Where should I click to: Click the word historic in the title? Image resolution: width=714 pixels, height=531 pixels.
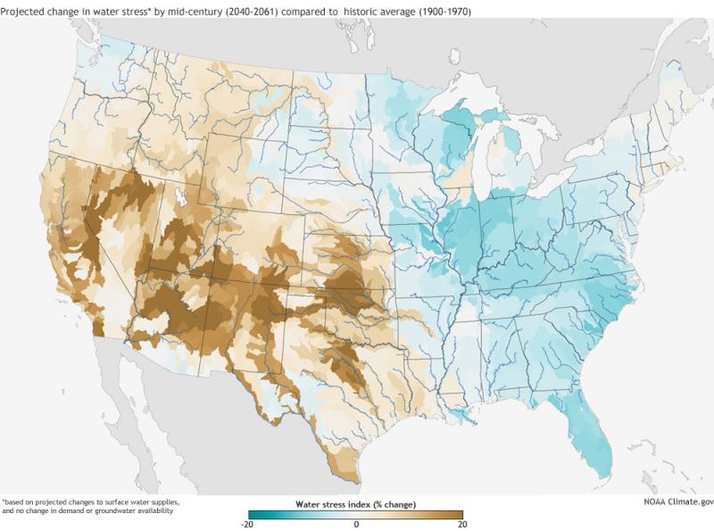(362, 11)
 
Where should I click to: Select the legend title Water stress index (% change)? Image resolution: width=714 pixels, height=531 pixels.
(356, 505)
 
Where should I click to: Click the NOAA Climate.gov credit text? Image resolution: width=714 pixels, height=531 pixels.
(676, 502)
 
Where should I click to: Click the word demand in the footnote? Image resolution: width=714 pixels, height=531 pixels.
(64, 511)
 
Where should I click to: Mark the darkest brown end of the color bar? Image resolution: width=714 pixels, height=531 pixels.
(461, 515)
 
